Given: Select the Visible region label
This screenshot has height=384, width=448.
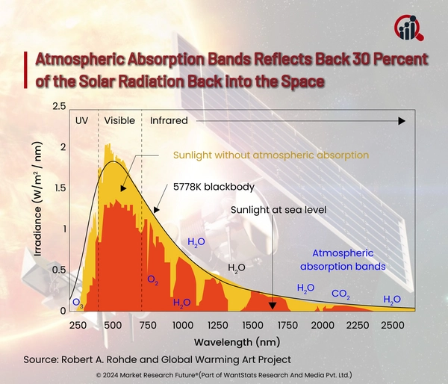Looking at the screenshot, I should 119,120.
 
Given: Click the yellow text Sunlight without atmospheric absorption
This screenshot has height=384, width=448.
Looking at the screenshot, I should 271,155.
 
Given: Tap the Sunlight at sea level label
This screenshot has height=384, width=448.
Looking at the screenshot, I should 279,210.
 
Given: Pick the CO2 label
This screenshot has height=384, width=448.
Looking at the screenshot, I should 341,294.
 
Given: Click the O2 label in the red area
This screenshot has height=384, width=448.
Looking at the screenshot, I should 152,281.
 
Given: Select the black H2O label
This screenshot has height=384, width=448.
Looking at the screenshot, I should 236,267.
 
